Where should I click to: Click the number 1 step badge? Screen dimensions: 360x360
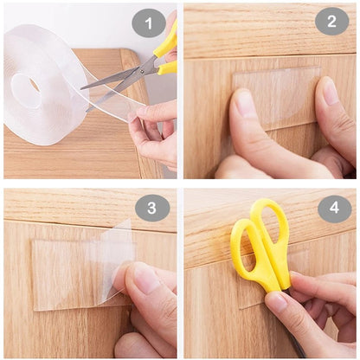coord(149,22)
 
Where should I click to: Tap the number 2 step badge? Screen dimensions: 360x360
coord(331,21)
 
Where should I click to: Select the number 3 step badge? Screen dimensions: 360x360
coord(152,208)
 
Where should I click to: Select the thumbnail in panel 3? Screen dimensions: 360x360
coord(145,279)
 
